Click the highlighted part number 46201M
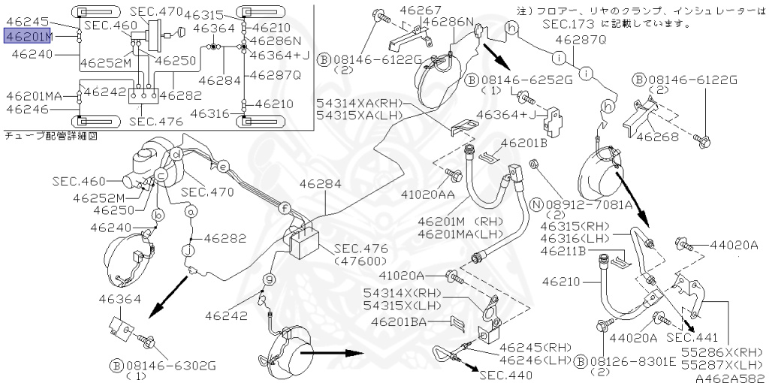[29, 36]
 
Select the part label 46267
[421, 9]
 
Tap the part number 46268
[658, 137]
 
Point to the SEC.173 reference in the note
[568, 23]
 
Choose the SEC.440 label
[505, 375]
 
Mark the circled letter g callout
[269, 279]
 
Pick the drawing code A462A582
[731, 378]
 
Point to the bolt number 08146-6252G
[521, 80]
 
